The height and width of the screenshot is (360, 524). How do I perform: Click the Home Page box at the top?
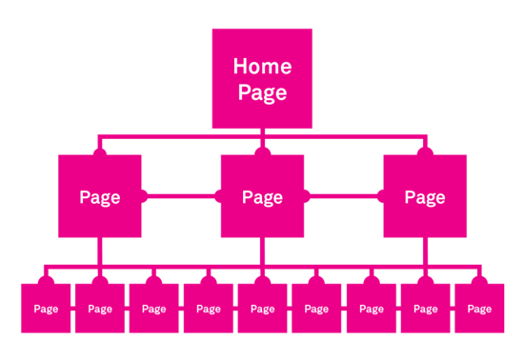[262, 79]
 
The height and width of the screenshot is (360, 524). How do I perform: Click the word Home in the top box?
[262, 68]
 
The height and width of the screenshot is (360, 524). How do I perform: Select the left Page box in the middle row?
[100, 196]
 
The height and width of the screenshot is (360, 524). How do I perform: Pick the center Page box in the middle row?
[262, 196]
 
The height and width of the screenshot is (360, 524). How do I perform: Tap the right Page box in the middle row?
[425, 196]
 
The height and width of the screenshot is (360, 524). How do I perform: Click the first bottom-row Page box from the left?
[46, 308]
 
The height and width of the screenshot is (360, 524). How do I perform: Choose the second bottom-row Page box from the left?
[100, 308]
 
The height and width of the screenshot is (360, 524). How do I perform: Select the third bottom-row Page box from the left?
[154, 308]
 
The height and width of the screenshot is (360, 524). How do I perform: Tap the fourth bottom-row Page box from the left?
[209, 308]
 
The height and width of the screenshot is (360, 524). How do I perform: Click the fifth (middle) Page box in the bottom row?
[263, 308]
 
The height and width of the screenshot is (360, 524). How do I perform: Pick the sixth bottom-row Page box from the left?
[317, 308]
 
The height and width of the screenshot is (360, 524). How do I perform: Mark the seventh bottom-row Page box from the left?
[372, 308]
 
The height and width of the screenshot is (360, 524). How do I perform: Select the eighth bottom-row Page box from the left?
[426, 308]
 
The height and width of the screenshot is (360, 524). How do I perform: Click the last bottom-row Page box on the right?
[480, 308]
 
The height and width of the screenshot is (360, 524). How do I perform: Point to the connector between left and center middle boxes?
[181, 197]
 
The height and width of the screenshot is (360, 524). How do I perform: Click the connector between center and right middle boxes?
[344, 197]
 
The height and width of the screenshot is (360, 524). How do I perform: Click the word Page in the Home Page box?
[262, 93]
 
